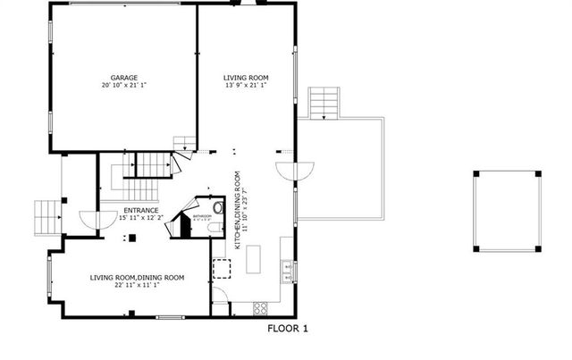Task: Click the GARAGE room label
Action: click(x=124, y=79)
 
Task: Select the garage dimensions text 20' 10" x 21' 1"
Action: click(x=124, y=87)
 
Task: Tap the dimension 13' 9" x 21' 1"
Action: click(x=240, y=87)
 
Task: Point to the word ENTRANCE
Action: click(x=141, y=210)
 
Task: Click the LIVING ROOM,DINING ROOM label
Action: click(x=137, y=277)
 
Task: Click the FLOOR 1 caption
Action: click(x=288, y=329)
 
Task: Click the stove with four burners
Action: click(x=262, y=308)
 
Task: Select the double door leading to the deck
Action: click(x=296, y=170)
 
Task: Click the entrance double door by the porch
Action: click(x=86, y=217)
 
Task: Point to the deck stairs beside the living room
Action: click(x=323, y=103)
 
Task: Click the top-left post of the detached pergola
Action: click(x=477, y=173)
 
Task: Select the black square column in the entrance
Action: click(x=130, y=238)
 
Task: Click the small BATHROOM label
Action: click(x=201, y=215)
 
